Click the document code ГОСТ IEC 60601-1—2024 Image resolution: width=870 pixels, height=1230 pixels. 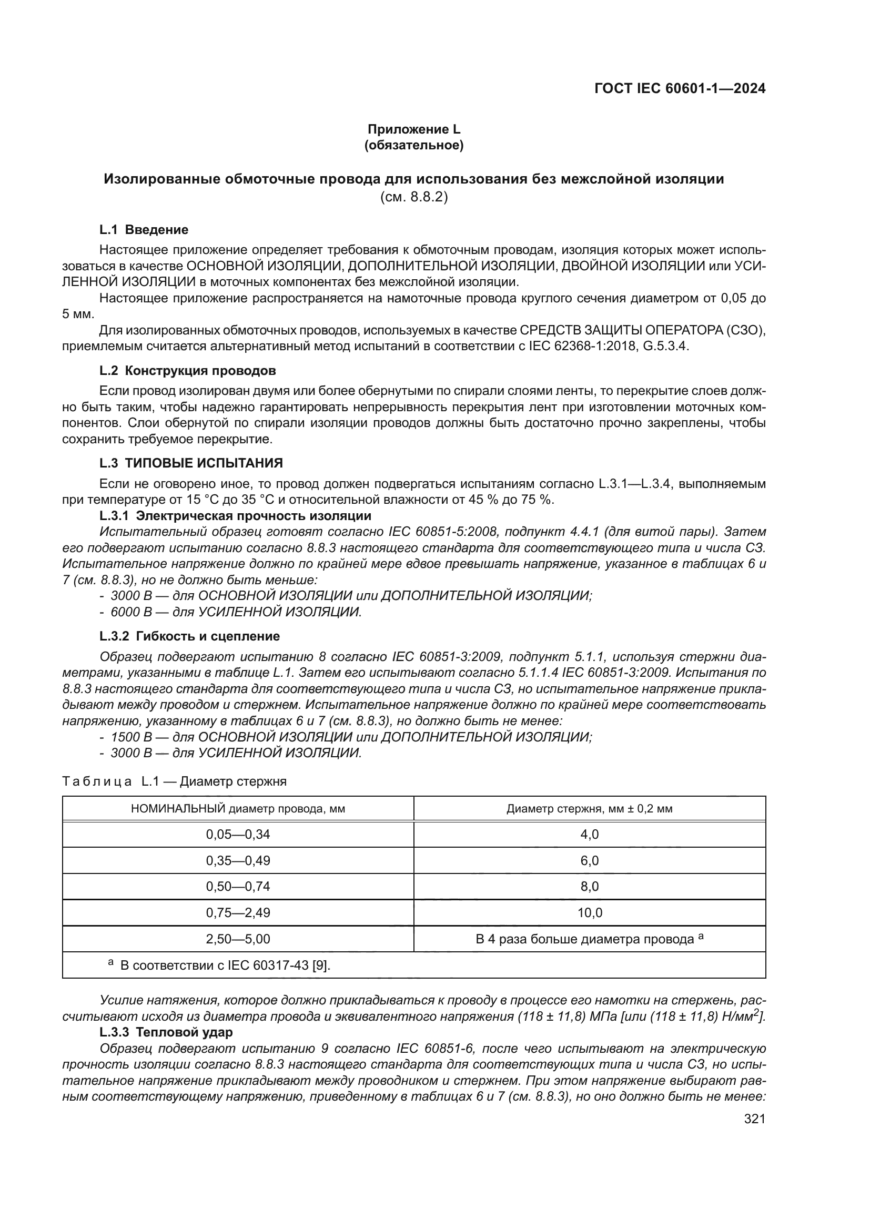(679, 89)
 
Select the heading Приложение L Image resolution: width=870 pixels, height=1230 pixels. (413, 129)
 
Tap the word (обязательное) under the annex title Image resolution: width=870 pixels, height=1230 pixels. (413, 145)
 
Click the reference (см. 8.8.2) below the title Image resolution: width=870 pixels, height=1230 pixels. (413, 197)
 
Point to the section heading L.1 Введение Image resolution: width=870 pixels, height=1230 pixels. (144, 230)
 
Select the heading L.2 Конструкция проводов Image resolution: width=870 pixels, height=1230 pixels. (187, 371)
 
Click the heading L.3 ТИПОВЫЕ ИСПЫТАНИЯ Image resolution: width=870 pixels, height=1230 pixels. (191, 463)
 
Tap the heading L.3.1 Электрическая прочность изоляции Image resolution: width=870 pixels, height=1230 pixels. (235, 516)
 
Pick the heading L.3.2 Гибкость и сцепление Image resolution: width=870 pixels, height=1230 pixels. (190, 636)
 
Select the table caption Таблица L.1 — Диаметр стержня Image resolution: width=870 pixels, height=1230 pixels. (174, 781)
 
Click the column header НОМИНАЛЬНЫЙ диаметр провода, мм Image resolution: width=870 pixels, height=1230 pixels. (238, 809)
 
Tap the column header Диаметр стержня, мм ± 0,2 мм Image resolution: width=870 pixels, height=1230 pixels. (589, 809)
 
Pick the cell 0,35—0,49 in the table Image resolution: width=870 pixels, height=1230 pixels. (238, 861)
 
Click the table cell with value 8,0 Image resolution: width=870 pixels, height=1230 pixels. (589, 887)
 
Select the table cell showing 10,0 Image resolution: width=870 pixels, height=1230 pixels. (589, 913)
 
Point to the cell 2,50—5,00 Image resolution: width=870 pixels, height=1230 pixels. (238, 939)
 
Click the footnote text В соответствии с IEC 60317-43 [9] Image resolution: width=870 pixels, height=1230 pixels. (225, 966)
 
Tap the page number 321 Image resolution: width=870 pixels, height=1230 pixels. (754, 1119)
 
